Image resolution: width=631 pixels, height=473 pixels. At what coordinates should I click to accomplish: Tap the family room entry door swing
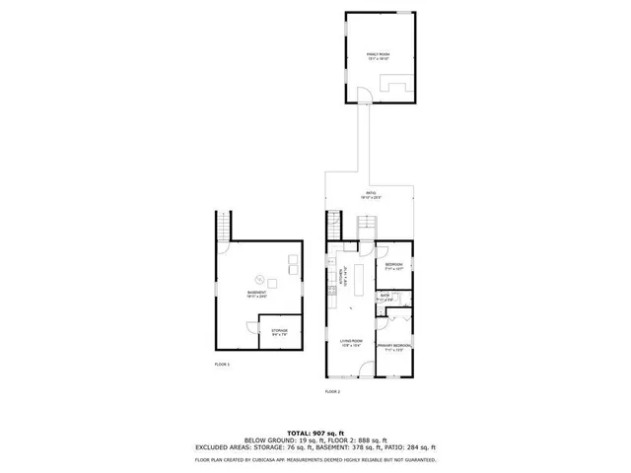(366, 96)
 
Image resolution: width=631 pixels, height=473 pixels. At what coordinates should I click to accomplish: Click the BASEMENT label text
(256, 294)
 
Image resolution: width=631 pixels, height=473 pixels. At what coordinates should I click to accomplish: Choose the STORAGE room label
(279, 332)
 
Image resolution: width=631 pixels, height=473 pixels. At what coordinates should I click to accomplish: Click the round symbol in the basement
(260, 277)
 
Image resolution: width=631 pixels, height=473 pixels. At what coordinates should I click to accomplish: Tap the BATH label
(386, 297)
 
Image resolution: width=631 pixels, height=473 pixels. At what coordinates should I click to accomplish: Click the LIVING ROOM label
(352, 342)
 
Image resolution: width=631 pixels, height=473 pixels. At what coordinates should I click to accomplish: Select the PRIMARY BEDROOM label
(394, 347)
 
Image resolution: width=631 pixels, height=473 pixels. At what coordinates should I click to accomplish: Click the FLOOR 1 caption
(222, 365)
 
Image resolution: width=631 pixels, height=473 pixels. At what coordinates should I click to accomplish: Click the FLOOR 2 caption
(332, 391)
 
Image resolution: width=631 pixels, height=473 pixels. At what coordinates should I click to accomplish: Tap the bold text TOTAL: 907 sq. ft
(315, 433)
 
